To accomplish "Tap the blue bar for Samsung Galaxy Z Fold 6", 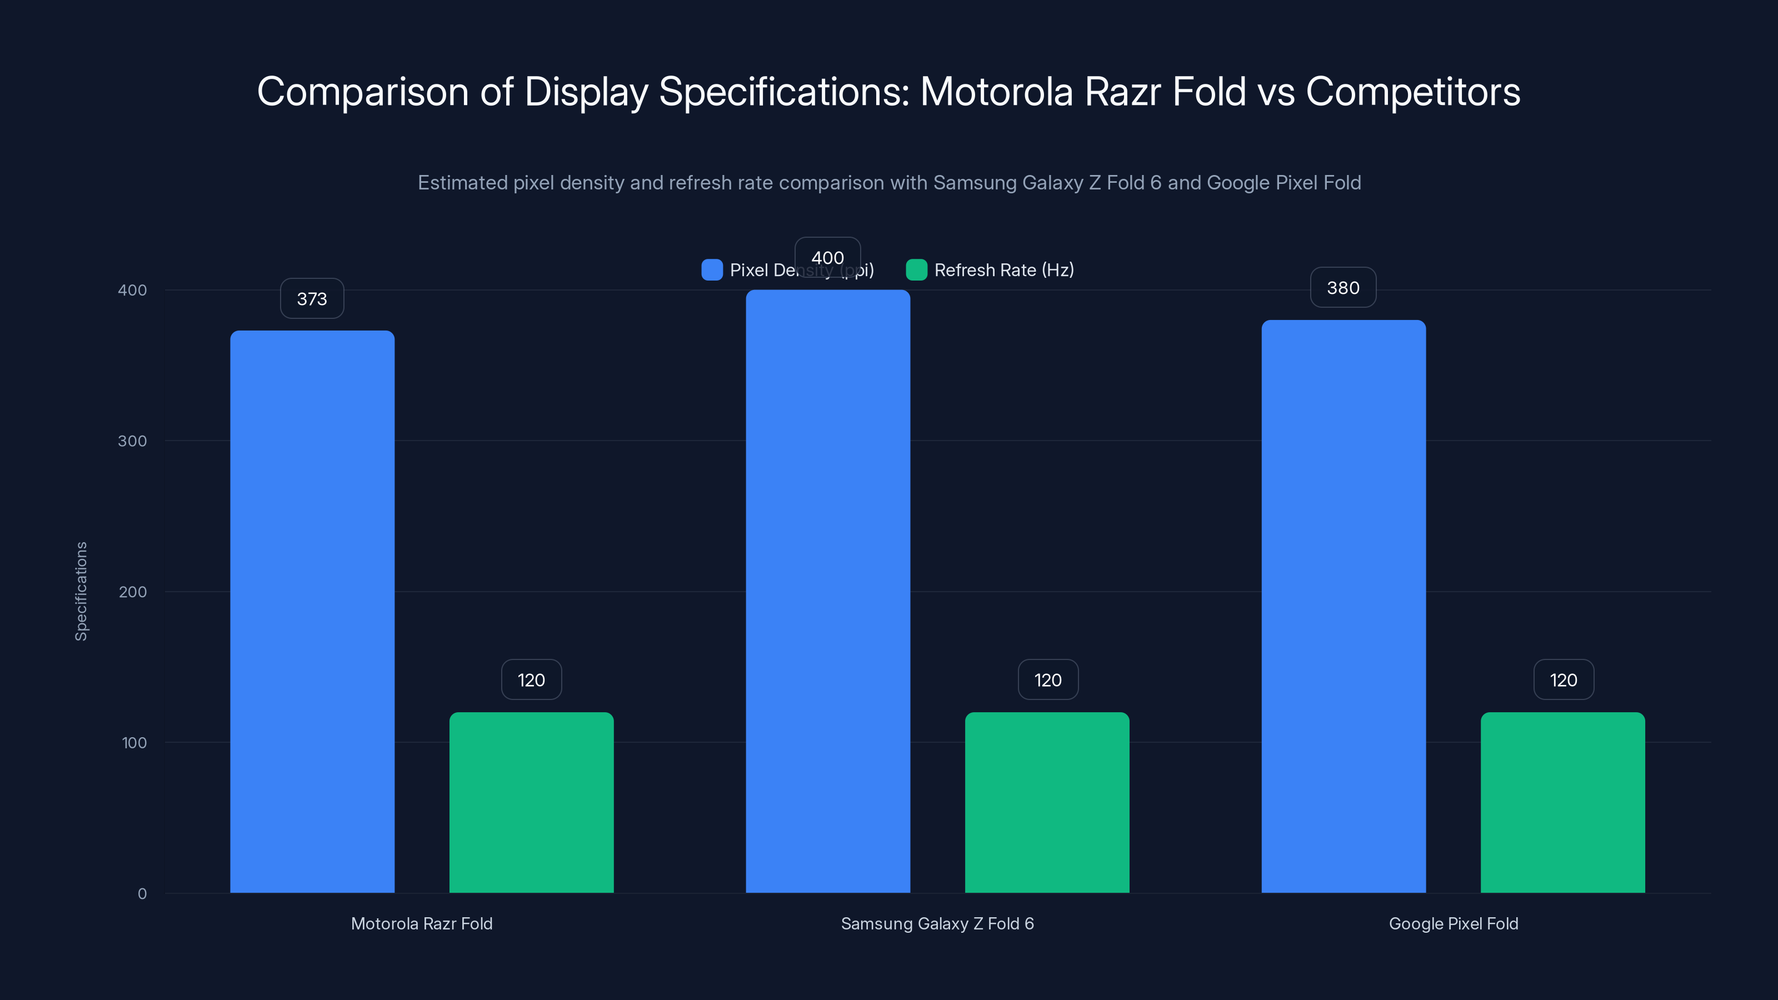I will click(x=827, y=591).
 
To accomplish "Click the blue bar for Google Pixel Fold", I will click(x=1343, y=606).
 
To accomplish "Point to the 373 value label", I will click(x=312, y=299).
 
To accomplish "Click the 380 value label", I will click(x=1343, y=288).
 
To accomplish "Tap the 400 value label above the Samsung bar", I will click(x=827, y=257).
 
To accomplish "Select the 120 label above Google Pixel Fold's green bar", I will click(x=1564, y=680).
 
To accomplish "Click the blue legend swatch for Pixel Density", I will click(x=712, y=270).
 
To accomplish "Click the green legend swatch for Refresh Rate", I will click(x=916, y=270).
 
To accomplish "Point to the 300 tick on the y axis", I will click(x=133, y=441).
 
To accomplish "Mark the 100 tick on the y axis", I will click(x=134, y=743).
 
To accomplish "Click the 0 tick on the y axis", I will click(x=142, y=894).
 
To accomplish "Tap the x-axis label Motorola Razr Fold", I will click(x=422, y=923).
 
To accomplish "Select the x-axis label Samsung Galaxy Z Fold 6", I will click(x=937, y=923).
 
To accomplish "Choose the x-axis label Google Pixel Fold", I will click(x=1453, y=923).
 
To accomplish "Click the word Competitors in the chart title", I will click(x=1413, y=92).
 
